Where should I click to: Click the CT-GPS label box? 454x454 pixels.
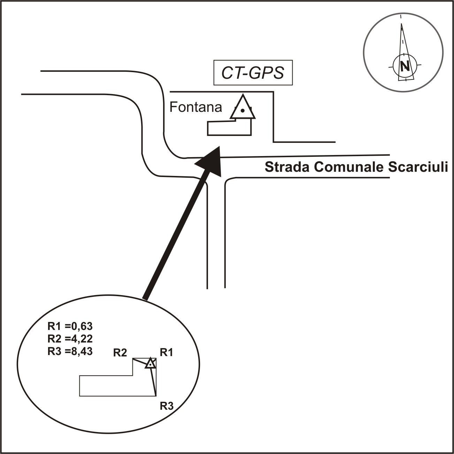pos(253,73)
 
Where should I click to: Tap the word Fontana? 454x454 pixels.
pos(195,107)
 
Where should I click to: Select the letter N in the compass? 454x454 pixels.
pos(404,66)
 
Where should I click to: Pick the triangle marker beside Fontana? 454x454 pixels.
pos(243,108)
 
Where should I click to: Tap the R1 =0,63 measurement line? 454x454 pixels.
pos(70,326)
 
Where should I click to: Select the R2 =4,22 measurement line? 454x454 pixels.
pos(70,339)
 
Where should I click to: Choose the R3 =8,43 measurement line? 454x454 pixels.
pos(70,351)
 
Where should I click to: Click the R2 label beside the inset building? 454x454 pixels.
pos(120,353)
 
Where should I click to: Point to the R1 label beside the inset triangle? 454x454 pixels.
pos(166,353)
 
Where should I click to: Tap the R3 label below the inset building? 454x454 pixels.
pos(166,406)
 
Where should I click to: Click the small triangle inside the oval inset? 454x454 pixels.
pos(150,363)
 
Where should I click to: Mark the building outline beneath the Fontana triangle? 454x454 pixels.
pos(229,128)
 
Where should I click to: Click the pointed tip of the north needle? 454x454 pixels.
pos(401,24)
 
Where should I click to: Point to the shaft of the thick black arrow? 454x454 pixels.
pos(174,237)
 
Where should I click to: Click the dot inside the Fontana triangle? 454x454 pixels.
pos(243,110)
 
